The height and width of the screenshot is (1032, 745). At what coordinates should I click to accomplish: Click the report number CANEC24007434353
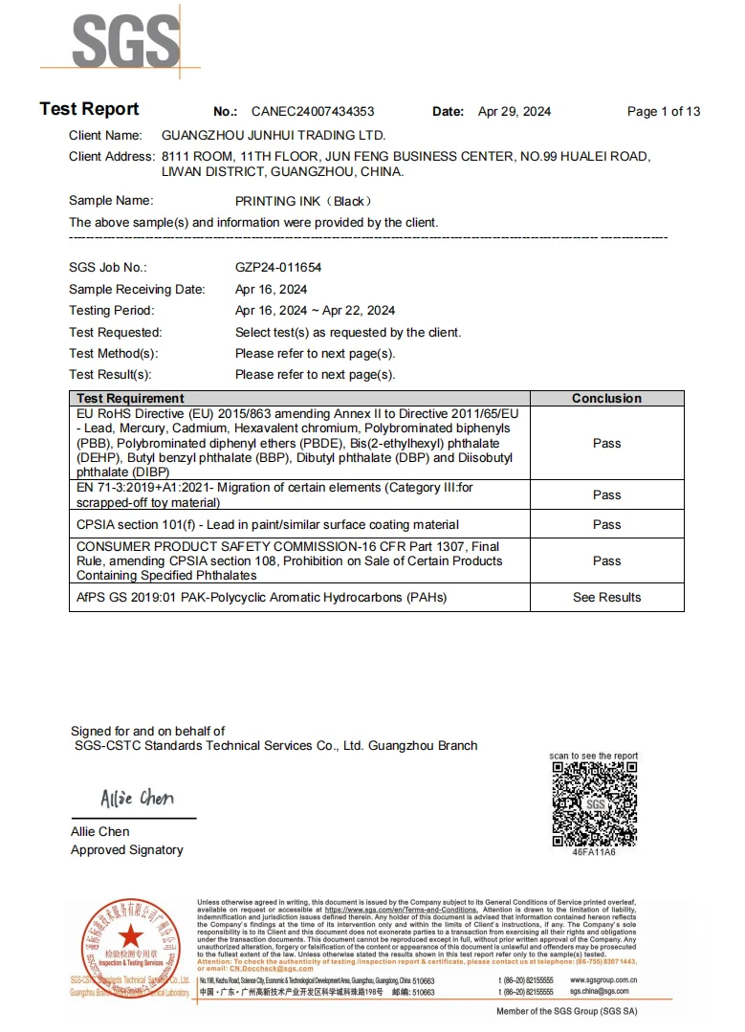tap(313, 111)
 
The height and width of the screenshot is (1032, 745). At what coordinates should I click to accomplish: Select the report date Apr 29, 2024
tap(515, 111)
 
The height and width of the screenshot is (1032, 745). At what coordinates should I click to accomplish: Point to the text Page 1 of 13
tap(664, 111)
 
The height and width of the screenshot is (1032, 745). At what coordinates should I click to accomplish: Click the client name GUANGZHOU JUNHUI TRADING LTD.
tap(274, 136)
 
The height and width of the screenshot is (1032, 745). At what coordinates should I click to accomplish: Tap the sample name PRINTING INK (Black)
tap(303, 201)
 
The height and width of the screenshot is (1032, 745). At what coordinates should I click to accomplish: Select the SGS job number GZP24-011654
tap(278, 268)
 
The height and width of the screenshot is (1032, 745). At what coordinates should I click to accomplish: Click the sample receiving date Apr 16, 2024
tap(272, 289)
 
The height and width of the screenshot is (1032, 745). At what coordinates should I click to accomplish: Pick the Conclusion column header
tap(606, 398)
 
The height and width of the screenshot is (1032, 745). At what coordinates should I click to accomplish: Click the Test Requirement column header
tap(130, 398)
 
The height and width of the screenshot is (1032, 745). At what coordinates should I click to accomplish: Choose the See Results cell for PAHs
tap(606, 597)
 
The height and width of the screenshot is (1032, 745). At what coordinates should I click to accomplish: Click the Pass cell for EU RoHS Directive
tap(606, 443)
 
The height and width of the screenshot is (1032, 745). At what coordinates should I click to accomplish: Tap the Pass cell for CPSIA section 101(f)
tap(606, 524)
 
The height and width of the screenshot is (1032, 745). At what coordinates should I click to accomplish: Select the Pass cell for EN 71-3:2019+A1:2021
tap(606, 494)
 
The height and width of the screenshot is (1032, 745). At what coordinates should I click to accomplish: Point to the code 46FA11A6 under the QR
tap(594, 852)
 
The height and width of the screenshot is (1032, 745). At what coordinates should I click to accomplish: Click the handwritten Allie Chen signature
tap(137, 799)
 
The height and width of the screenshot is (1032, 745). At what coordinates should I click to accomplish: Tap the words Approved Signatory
tap(127, 849)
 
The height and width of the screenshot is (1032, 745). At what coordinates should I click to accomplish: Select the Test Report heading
tap(89, 109)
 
